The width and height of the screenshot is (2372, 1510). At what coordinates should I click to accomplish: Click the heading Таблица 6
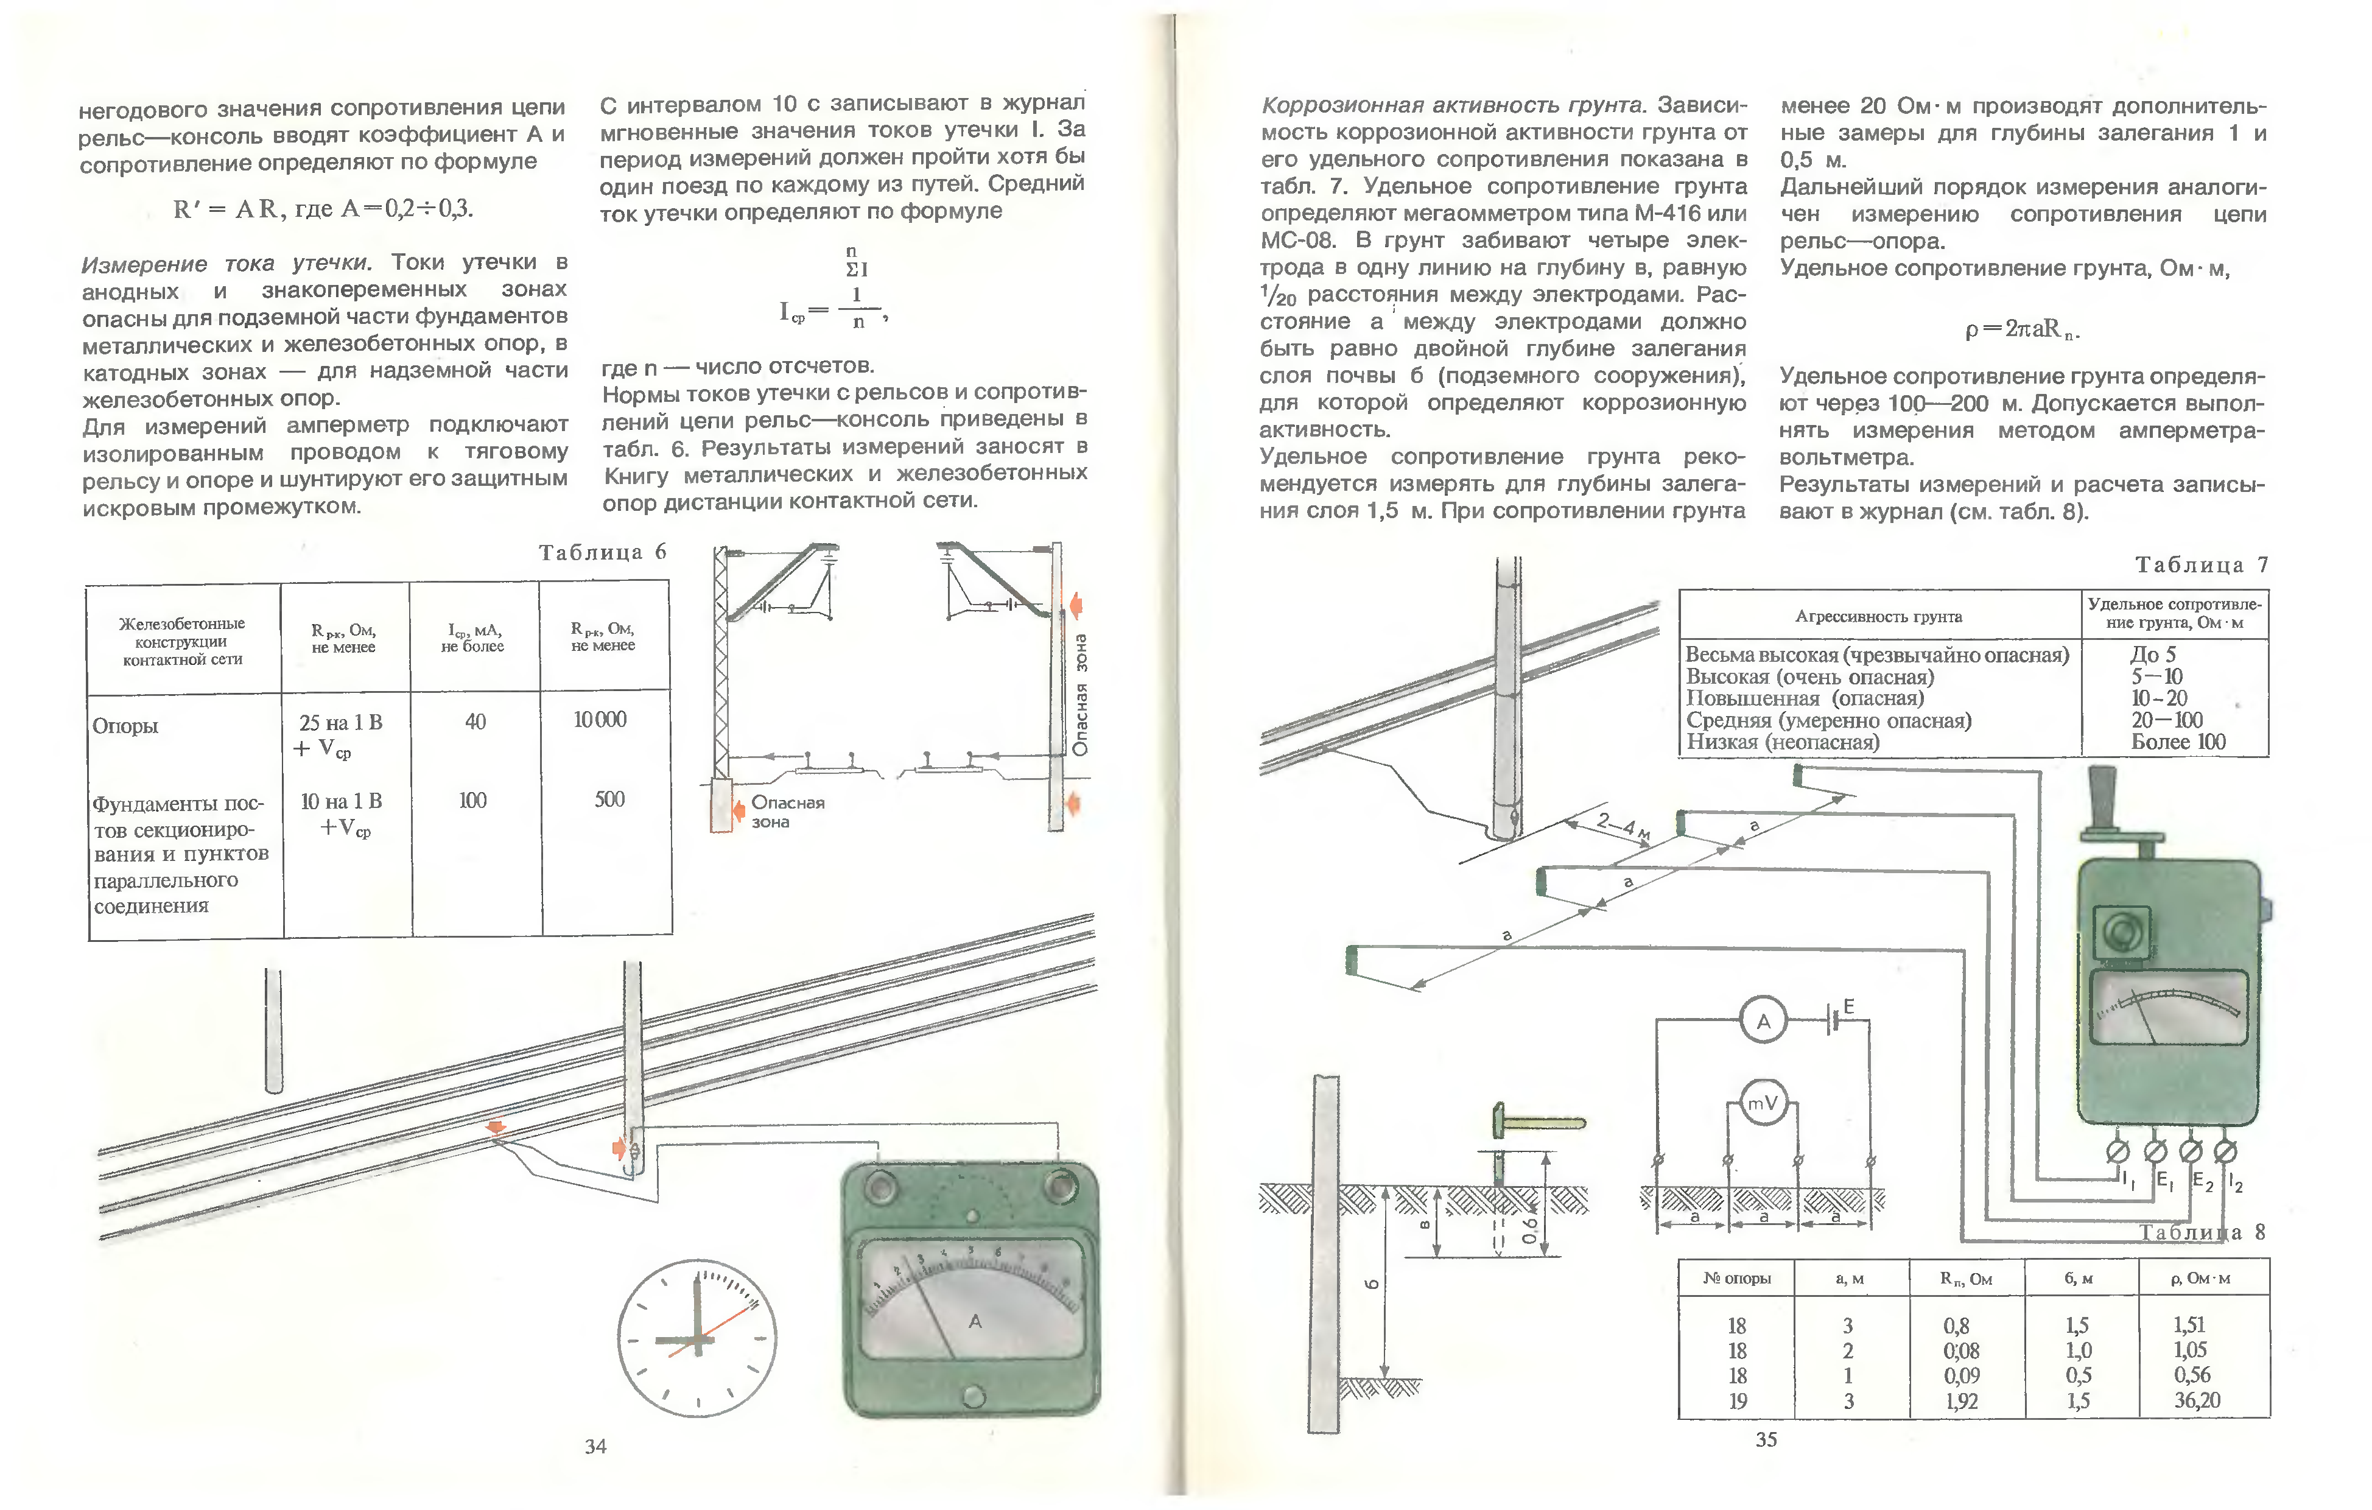pos(602,553)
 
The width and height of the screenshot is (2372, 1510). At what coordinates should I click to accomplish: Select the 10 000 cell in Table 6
pos(600,720)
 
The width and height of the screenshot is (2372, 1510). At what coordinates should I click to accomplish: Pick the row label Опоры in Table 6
pos(125,726)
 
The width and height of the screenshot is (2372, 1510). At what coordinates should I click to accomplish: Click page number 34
pos(595,1446)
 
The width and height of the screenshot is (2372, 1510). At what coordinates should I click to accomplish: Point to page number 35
pos(1766,1439)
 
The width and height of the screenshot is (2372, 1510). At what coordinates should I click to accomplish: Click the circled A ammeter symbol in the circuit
pos(1763,1022)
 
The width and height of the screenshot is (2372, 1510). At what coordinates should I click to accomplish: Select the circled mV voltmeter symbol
pos(1762,1103)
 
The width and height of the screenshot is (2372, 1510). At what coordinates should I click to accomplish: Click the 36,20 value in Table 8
pos(2197,1400)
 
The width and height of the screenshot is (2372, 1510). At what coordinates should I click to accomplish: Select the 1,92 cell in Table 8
pos(1961,1400)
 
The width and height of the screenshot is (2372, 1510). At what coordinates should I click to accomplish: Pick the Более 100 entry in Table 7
pos(2178,742)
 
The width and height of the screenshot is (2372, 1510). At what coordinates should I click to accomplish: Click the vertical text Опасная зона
pos(1081,695)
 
